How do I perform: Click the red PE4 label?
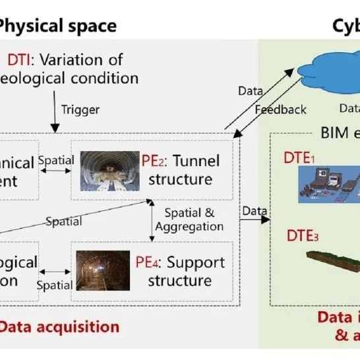147,262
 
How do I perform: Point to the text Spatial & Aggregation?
189,220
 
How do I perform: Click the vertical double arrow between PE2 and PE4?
153,220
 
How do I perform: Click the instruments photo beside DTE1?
328,185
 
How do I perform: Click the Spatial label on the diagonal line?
64,222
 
